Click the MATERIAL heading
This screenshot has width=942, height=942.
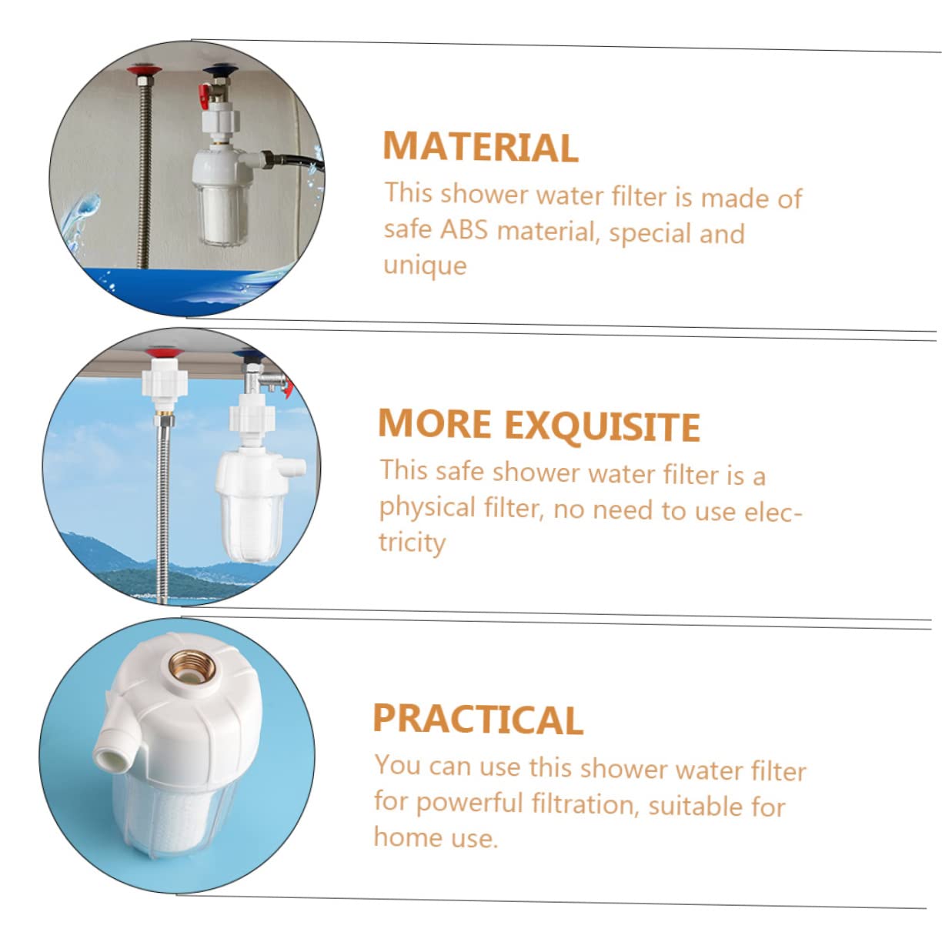point(480,147)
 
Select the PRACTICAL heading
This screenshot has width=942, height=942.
point(477,720)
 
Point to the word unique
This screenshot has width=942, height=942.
point(425,266)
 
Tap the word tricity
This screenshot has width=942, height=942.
point(412,543)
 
